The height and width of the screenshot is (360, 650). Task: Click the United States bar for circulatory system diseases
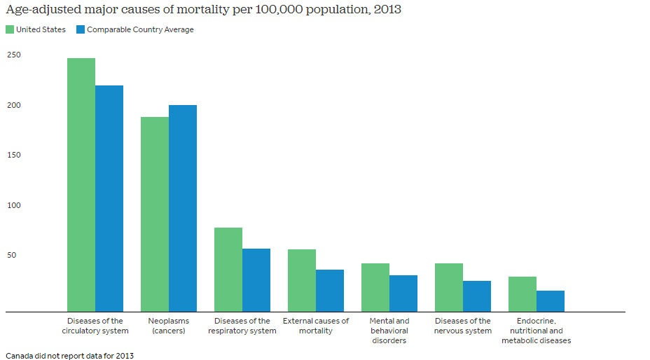[x=81, y=185]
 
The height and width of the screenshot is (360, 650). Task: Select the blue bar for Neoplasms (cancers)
[x=183, y=208]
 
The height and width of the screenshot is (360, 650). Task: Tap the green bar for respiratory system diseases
[x=228, y=270]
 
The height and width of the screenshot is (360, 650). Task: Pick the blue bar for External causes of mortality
[x=330, y=291]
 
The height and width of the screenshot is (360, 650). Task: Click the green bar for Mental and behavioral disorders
[x=375, y=287]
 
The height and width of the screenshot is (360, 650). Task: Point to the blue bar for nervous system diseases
[x=477, y=296]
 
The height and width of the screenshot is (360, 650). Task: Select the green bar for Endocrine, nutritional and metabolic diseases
[x=523, y=294]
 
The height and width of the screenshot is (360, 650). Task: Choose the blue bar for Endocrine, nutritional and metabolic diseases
[x=551, y=301]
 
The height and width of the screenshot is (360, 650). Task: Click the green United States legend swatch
[x=10, y=29]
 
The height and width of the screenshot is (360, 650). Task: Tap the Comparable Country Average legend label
[x=140, y=29]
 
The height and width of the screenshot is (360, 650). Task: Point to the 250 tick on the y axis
[x=14, y=55]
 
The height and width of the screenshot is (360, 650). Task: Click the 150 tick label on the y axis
[x=14, y=155]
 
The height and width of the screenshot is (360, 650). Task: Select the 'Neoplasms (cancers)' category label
[x=169, y=326]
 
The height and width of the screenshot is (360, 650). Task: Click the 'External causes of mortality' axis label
[x=316, y=326]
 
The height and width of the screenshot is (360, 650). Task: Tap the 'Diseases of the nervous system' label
[x=463, y=326]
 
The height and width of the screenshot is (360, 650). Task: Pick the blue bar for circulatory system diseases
[x=109, y=198]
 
